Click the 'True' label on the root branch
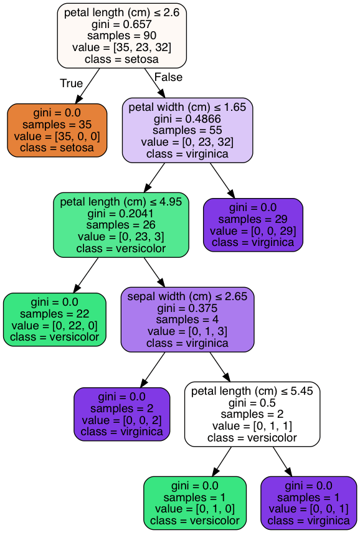71,83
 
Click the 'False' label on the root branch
168,77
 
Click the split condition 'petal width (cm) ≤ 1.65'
187,107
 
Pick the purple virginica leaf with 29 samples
253,225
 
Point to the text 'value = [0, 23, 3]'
121,237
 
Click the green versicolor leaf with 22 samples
55,319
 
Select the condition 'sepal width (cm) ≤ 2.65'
187,296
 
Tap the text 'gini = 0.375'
187,308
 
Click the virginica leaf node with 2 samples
121,414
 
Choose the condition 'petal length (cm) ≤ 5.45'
252,391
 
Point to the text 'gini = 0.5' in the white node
252,403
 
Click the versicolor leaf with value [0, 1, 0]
195,503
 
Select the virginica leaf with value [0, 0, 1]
308,503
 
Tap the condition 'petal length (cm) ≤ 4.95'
121,202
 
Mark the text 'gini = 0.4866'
187,119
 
